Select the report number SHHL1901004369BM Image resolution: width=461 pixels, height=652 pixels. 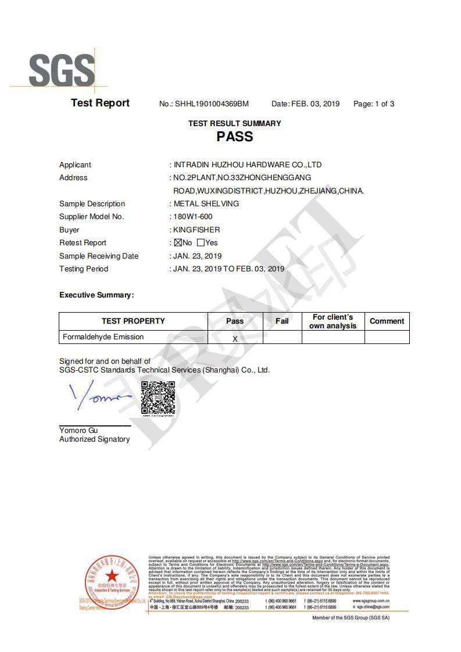tap(212, 104)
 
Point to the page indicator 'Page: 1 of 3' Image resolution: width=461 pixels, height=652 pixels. tap(374, 104)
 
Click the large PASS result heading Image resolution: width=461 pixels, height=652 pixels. tap(235, 137)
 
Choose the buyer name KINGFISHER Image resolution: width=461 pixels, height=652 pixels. tap(197, 230)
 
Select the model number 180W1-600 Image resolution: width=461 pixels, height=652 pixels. tap(193, 217)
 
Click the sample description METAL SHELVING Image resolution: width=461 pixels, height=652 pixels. tap(206, 204)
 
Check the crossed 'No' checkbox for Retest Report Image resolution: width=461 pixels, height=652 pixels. tap(178, 243)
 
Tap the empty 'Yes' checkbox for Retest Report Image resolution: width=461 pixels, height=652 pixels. tap(201, 243)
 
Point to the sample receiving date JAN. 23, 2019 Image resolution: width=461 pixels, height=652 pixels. tap(198, 256)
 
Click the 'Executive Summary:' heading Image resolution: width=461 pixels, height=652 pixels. tap(97, 295)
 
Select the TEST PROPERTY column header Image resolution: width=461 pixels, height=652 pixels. tap(133, 321)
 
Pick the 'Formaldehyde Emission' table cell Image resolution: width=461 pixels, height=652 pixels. tap(103, 337)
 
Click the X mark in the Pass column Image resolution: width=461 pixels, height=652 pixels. tap(235, 338)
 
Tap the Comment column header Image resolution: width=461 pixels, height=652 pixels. tap(387, 321)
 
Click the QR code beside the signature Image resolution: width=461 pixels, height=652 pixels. tap(158, 399)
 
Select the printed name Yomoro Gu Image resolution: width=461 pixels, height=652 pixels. tap(78, 431)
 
